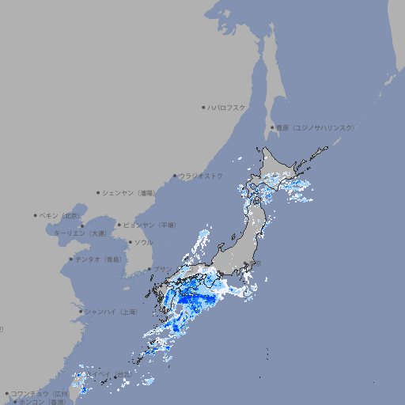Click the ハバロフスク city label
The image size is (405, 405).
(227, 107)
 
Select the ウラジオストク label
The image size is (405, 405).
(201, 176)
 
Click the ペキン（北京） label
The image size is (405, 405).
(60, 215)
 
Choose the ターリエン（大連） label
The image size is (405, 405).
(80, 233)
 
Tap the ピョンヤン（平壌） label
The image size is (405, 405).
(151, 225)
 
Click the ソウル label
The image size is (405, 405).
(143, 242)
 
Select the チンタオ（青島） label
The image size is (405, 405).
(99, 259)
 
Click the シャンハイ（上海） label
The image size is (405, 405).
(111, 312)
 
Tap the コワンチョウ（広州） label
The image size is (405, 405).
(40, 393)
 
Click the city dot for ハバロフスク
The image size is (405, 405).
(203, 107)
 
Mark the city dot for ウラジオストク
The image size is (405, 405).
(175, 176)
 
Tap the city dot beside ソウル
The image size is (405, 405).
(129, 242)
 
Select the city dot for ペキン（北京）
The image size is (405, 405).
(35, 215)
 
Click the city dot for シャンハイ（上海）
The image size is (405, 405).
(80, 312)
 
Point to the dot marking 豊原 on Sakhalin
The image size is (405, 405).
(272, 127)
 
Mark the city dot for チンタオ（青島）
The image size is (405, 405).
(70, 259)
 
